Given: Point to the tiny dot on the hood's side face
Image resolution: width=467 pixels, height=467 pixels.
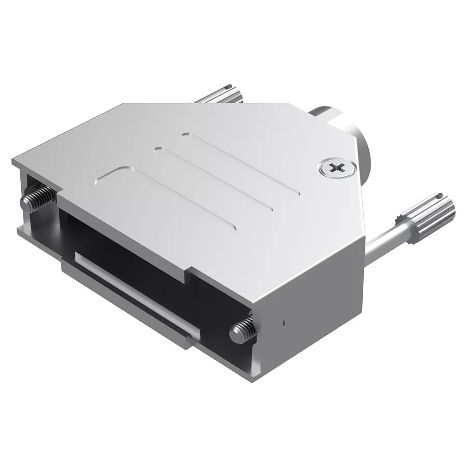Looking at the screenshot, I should (x=284, y=323).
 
